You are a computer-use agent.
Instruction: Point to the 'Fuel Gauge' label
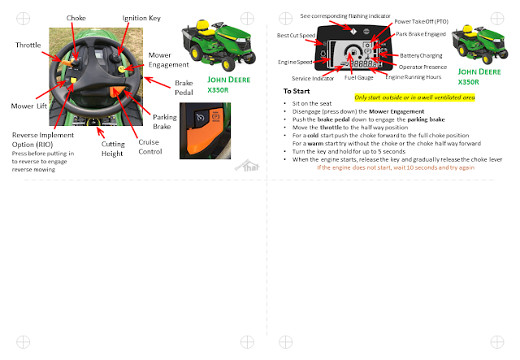click(358, 77)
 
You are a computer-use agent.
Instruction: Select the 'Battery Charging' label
click(420, 55)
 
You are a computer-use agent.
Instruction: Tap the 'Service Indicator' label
click(312, 78)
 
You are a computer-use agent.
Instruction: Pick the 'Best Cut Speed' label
click(295, 35)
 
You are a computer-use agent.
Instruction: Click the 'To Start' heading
click(297, 91)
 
